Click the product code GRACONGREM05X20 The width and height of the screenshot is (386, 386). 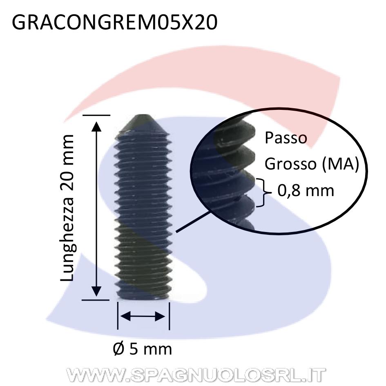tap(115, 22)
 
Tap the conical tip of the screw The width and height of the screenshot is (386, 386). tap(143, 124)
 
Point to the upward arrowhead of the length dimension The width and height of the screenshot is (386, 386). tap(96, 127)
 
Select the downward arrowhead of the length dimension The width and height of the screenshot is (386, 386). tap(96, 291)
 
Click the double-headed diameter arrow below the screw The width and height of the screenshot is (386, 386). tap(143, 316)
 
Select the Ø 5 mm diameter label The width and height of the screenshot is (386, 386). tap(142, 349)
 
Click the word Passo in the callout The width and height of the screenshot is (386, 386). tap(286, 138)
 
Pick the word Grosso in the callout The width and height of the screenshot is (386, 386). tap(290, 164)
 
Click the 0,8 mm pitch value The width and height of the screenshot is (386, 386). tap(306, 190)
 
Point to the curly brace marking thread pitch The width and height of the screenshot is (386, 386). tap(264, 192)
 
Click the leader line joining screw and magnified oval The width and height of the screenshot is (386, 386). tap(193, 221)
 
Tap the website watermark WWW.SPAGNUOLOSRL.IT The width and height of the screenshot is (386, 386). tap(196, 375)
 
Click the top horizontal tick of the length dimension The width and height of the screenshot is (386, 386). tap(96, 115)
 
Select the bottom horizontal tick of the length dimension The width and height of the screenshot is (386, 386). tap(96, 300)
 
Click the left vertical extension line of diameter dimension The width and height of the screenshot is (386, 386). tap(118, 316)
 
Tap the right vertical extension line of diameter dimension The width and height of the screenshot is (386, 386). tap(170, 316)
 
